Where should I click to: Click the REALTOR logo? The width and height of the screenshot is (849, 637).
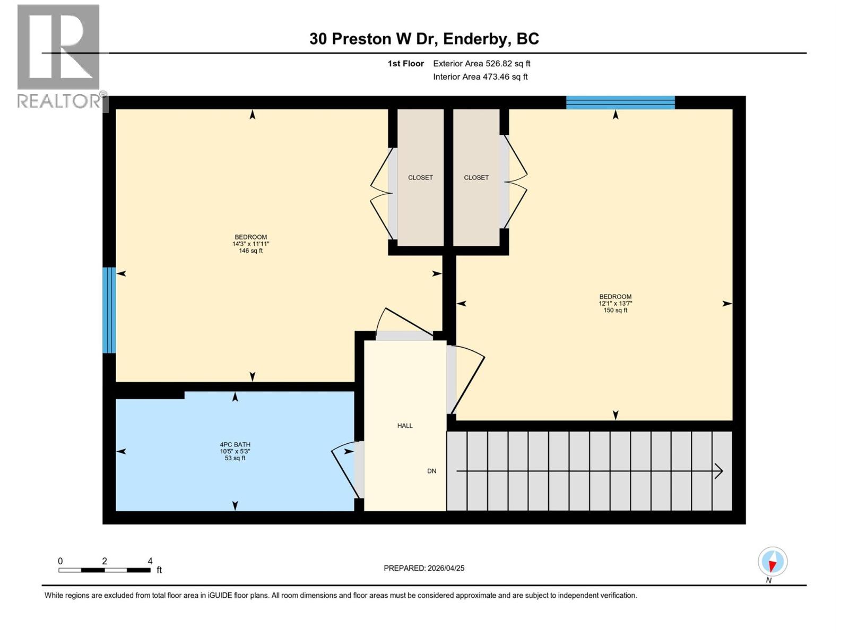tap(58, 56)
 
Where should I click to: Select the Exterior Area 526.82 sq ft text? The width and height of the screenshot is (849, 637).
tap(481, 64)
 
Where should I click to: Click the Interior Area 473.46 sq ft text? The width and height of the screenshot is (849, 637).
tap(480, 77)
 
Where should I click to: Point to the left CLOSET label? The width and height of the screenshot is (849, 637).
tap(420, 178)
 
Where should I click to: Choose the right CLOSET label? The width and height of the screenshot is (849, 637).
tap(476, 178)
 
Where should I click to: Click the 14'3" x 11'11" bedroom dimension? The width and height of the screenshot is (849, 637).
tap(250, 244)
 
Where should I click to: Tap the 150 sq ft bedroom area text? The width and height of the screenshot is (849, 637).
tap(615, 311)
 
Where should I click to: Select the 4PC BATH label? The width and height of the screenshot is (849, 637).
tap(235, 445)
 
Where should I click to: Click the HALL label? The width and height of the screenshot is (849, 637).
tap(405, 426)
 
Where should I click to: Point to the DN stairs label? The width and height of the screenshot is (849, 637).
tap(431, 471)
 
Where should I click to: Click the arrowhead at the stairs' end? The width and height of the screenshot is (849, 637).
tap(719, 471)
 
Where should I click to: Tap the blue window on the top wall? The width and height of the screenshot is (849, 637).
tap(620, 102)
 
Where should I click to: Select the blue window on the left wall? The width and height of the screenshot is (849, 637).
tap(109, 310)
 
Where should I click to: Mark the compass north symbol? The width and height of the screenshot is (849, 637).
tap(772, 562)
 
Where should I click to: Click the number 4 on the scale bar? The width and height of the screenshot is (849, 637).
tap(150, 561)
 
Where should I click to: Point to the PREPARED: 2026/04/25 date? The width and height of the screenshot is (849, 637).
tap(424, 569)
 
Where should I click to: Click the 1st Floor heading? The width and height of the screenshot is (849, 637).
tap(405, 64)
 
